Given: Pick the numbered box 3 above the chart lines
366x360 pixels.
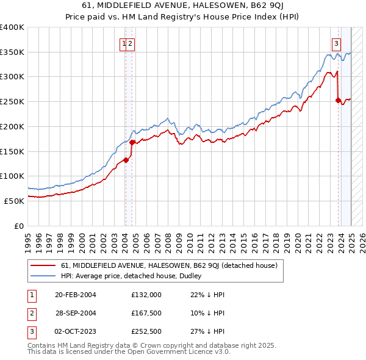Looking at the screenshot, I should [336, 43].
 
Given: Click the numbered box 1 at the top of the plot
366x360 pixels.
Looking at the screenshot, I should [124, 43].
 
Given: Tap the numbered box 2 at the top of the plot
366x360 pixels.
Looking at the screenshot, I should [131, 43].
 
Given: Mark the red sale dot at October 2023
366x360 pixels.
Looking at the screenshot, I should [338, 101].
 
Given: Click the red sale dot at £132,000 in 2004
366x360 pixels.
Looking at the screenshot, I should [126, 160].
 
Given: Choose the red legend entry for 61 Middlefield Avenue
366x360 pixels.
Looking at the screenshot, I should [169, 265].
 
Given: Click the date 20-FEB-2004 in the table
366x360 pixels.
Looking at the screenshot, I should [76, 295].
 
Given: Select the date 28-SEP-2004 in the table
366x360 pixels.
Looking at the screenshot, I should [76, 314].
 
